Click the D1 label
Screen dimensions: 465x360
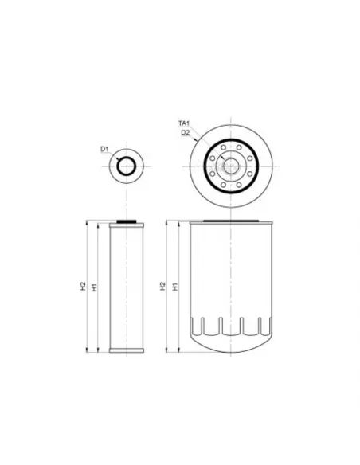[104, 149]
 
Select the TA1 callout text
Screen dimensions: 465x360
[184, 123]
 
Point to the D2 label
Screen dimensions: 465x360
[185, 132]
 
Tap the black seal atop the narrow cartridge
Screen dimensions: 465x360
[127, 221]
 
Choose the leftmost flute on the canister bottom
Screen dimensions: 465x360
[203, 326]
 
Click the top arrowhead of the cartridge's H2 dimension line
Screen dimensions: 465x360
[88, 224]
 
